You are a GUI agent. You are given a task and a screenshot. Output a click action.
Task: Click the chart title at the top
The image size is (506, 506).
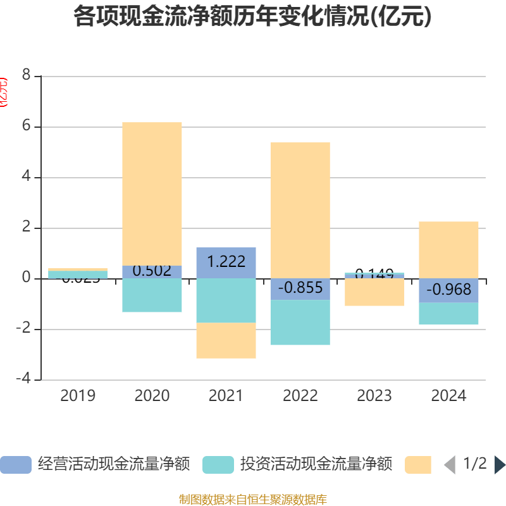click(x=252, y=17)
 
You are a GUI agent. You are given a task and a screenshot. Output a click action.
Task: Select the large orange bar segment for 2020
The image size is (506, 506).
click(x=152, y=194)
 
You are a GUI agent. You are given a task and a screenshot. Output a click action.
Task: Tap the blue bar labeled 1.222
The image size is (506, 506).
click(x=226, y=262)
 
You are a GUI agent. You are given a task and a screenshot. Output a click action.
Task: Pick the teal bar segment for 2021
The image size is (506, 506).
click(x=226, y=300)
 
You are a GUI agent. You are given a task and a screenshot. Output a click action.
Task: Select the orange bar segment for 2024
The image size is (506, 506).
click(x=448, y=250)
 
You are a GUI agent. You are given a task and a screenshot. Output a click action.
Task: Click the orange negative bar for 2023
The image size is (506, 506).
click(x=374, y=292)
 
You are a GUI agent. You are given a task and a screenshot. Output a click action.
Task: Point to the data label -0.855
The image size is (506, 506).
click(x=300, y=287)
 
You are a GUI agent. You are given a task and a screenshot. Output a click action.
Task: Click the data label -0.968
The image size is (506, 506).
click(x=448, y=290)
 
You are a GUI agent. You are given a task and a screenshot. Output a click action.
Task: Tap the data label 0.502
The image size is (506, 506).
click(x=152, y=271)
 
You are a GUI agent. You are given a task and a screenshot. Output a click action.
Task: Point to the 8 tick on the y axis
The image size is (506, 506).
click(x=26, y=75)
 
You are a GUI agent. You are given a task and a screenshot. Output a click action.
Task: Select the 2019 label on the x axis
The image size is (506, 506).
click(x=78, y=396)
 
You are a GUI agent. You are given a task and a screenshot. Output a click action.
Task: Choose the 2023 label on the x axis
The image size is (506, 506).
click(x=374, y=396)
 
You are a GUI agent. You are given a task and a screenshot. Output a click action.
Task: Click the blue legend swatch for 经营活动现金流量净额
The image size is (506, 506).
click(x=15, y=465)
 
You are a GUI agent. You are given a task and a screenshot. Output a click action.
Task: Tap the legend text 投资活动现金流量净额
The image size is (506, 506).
click(x=316, y=465)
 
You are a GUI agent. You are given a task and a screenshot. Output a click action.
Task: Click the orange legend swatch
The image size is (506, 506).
click(x=417, y=465)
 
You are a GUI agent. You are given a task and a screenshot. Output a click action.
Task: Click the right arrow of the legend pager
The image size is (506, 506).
click(x=500, y=465)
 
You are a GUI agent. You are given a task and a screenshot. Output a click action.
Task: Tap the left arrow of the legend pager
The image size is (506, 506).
click(x=449, y=465)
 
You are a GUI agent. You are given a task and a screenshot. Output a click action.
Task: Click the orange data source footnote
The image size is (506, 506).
click(x=252, y=500)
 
